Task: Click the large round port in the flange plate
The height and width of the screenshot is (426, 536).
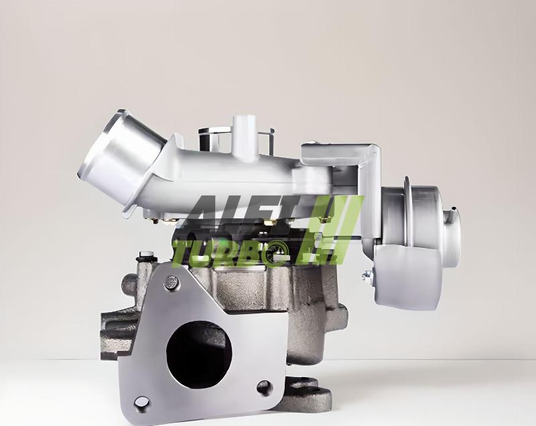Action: coord(199,355)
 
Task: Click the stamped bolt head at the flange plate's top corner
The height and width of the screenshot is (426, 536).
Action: coord(172,283)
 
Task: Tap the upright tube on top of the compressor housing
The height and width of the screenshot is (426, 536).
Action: coord(244,133)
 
